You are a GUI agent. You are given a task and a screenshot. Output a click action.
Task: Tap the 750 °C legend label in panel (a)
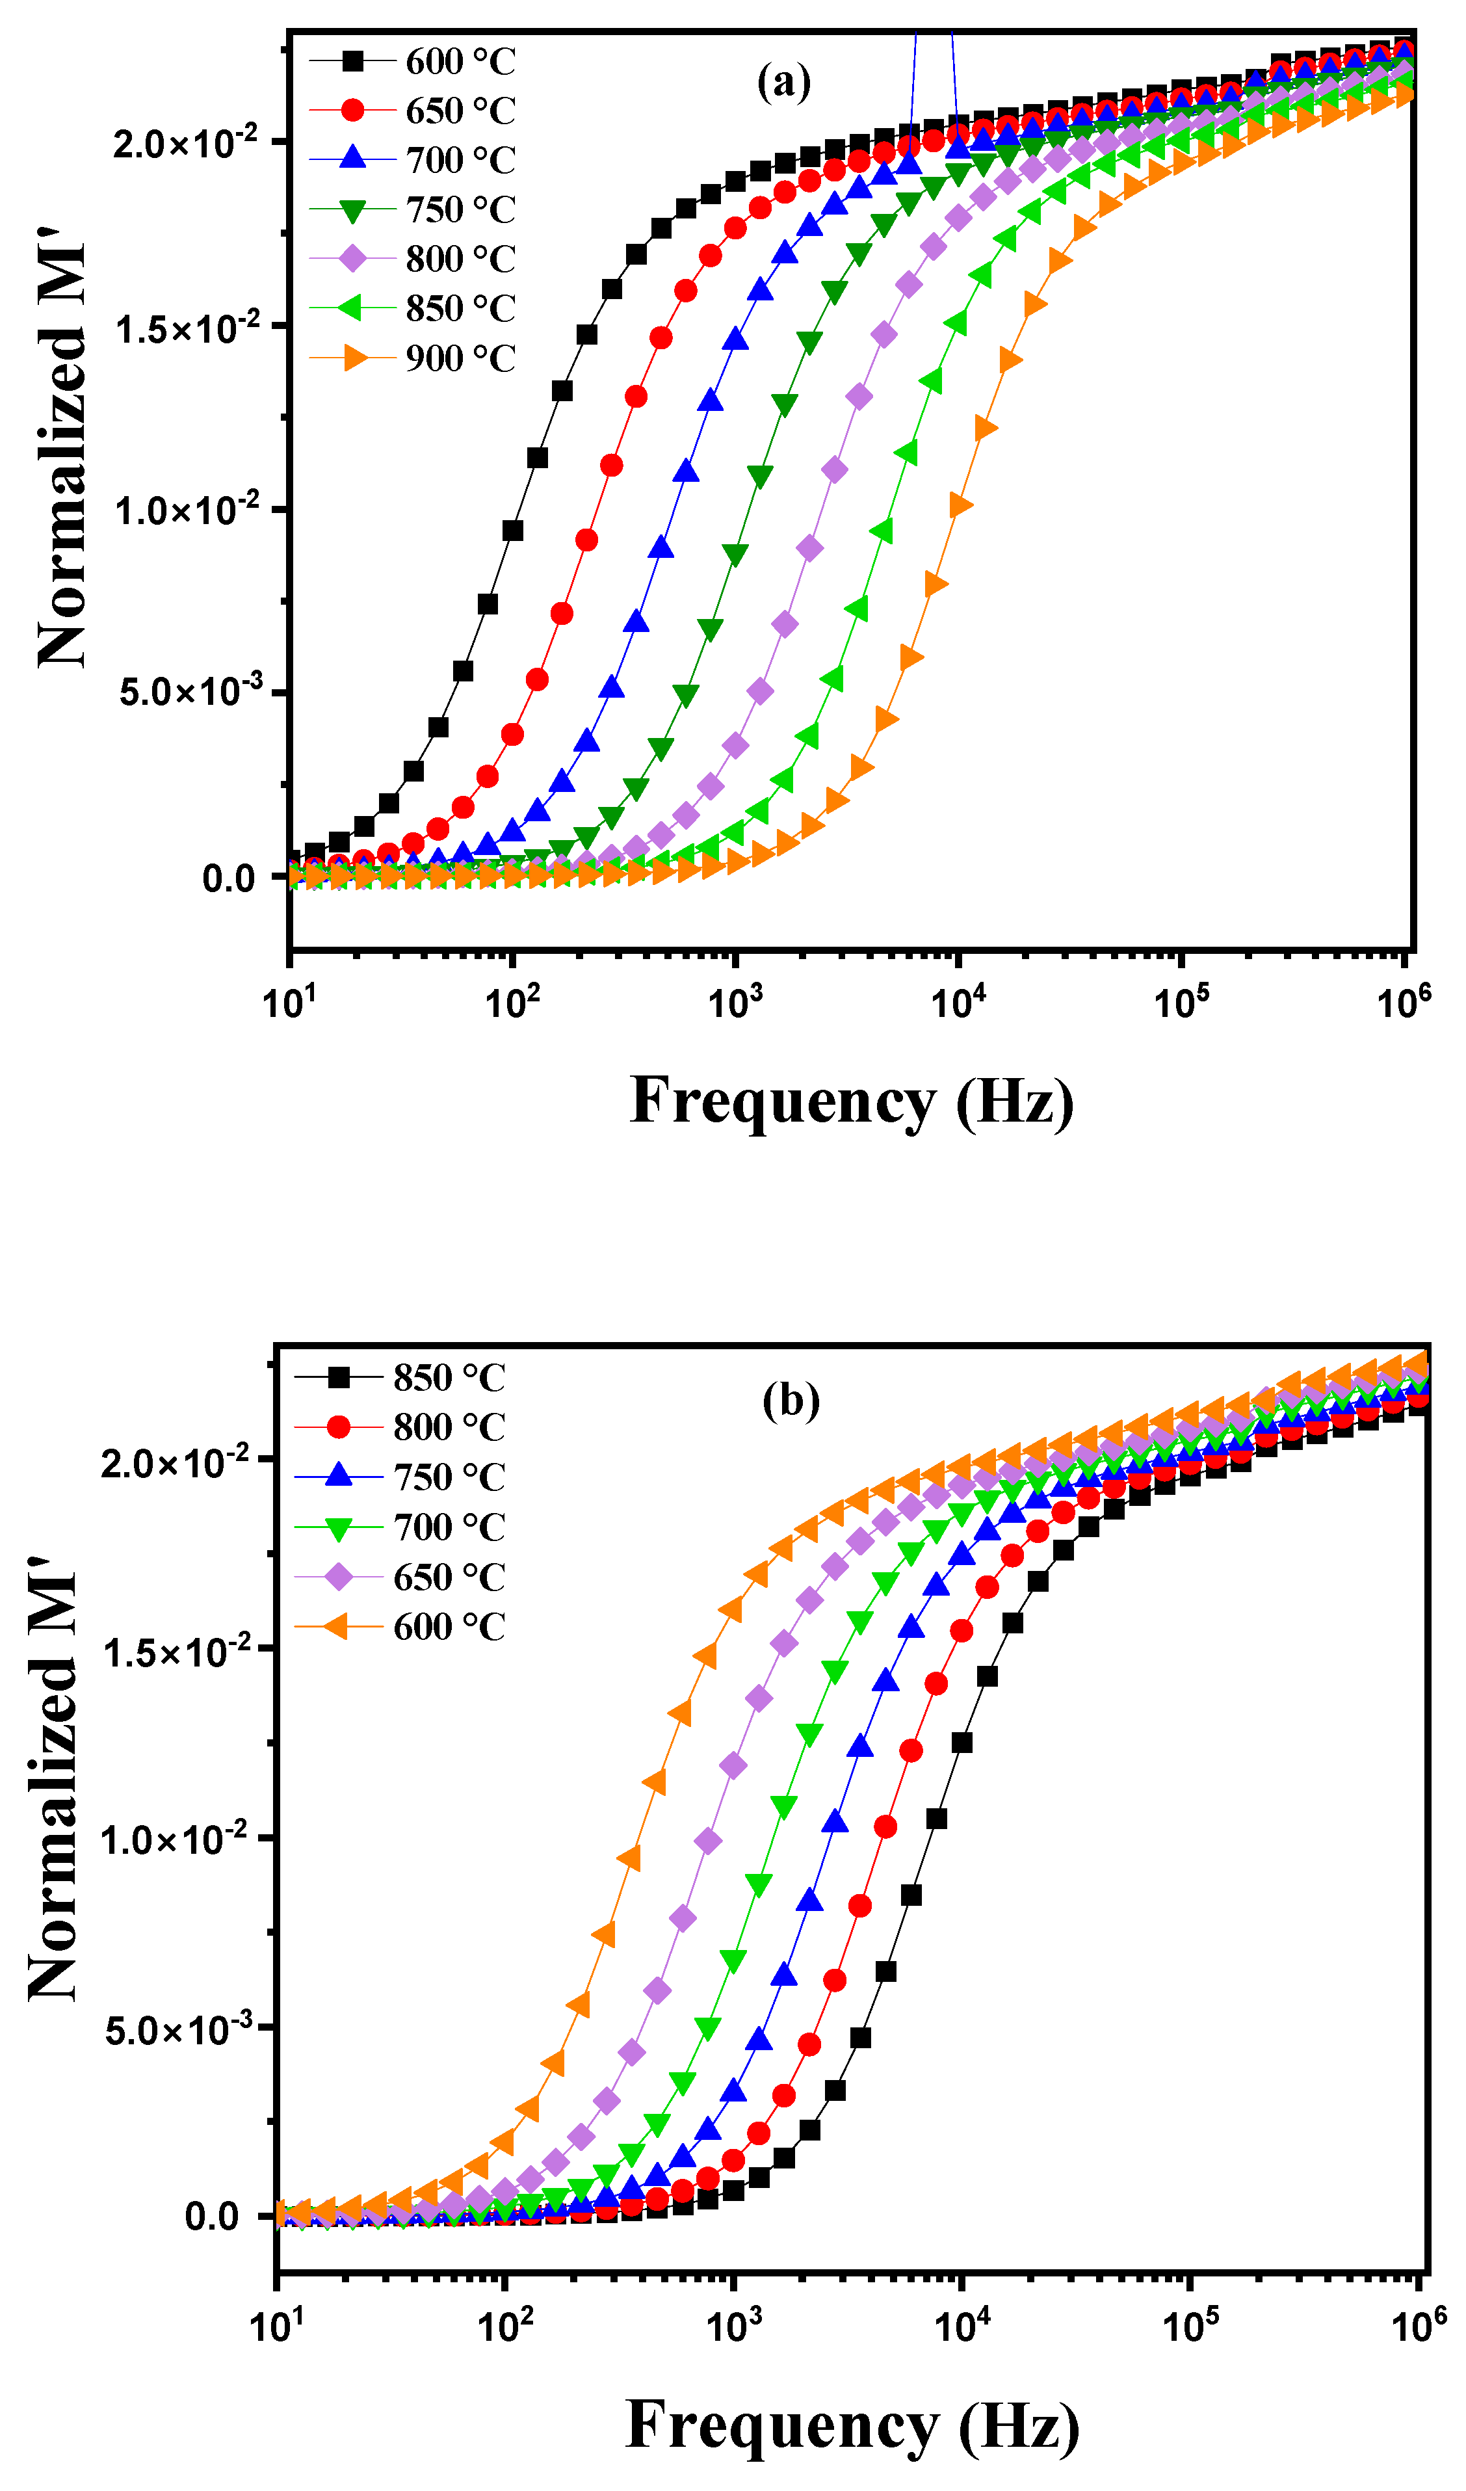tap(461, 209)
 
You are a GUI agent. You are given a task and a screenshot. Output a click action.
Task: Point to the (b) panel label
tap(791, 1400)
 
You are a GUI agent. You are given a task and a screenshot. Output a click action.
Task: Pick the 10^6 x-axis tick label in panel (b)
tap(1417, 2325)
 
